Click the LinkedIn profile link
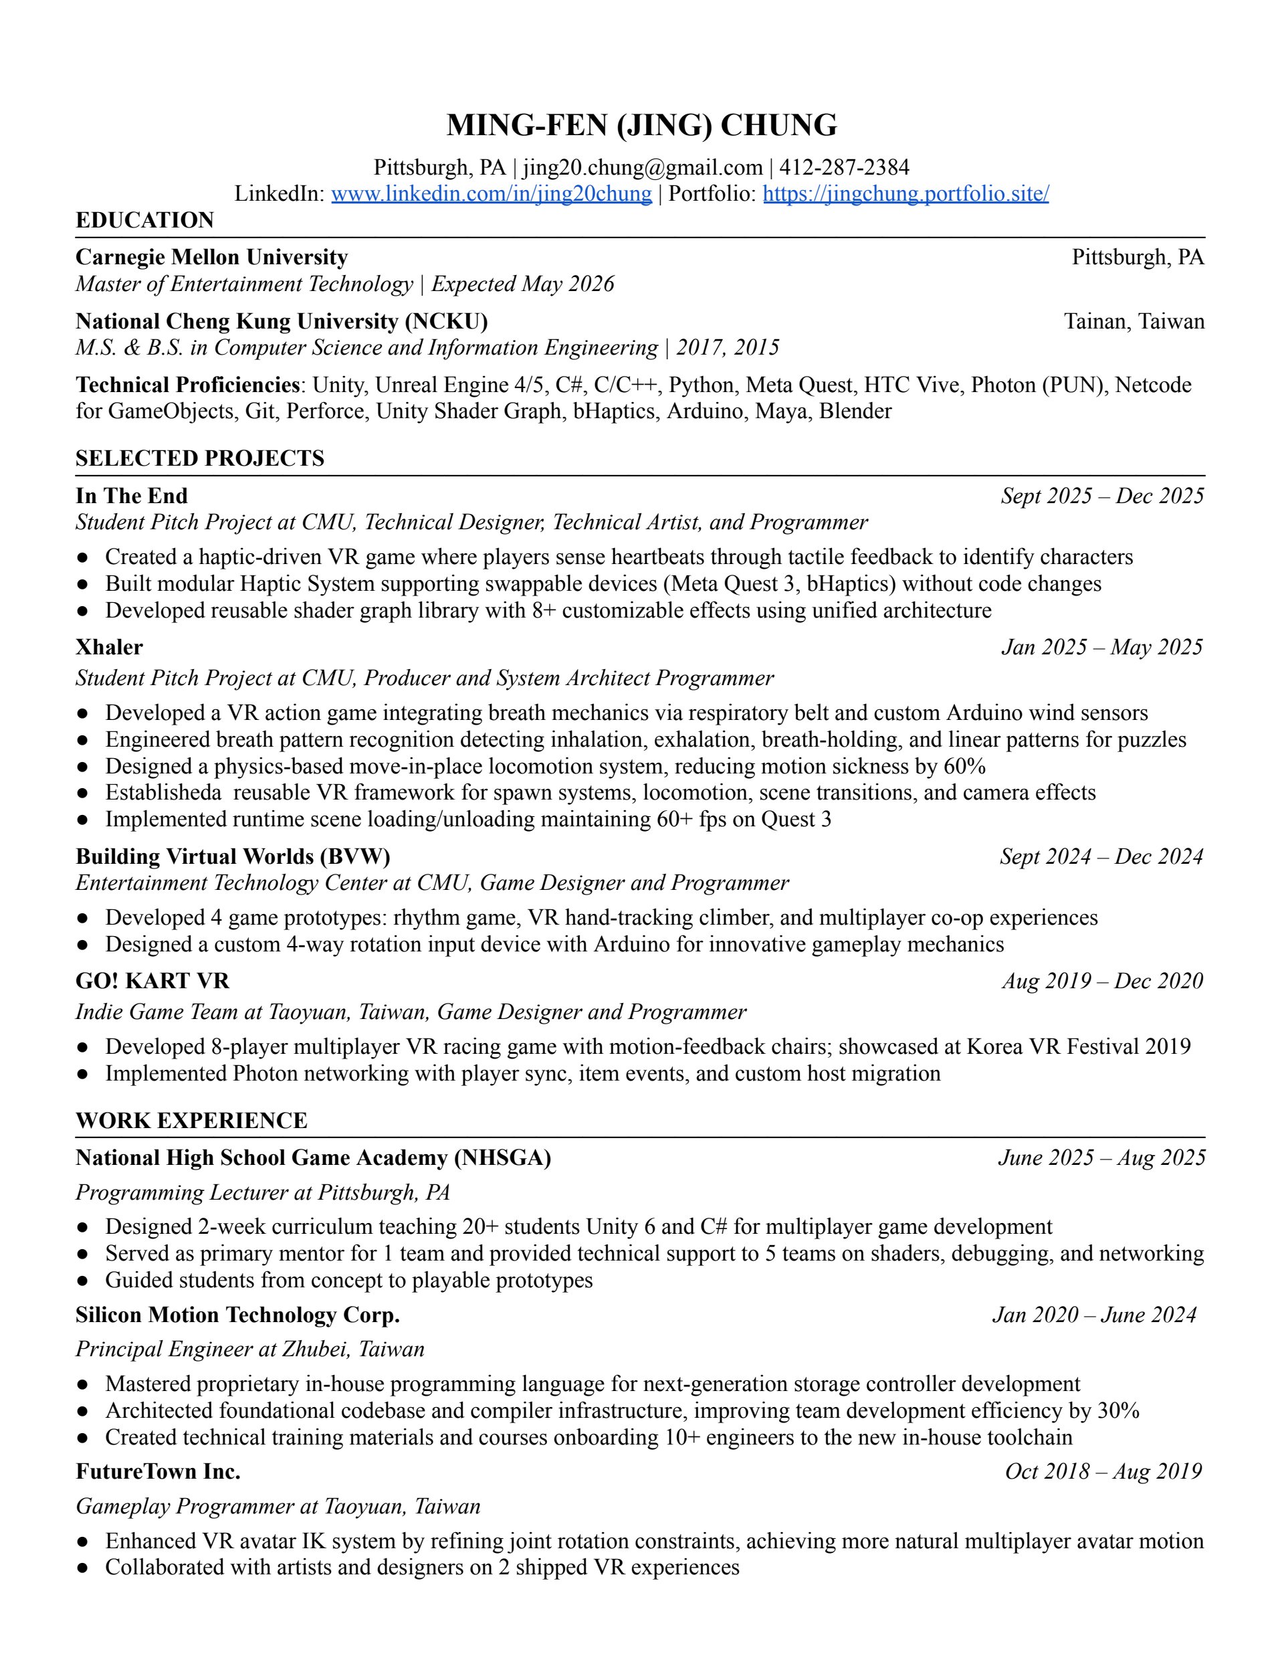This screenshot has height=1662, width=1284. click(x=492, y=193)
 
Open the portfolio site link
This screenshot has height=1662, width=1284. click(x=905, y=193)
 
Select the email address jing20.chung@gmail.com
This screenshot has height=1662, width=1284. click(x=642, y=167)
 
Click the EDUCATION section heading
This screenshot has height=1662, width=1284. click(x=144, y=220)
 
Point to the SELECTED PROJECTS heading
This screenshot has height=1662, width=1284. click(x=199, y=458)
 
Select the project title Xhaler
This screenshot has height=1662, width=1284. click(x=109, y=647)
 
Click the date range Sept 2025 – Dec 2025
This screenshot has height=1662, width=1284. click(x=1102, y=496)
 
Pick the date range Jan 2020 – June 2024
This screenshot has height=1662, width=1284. click(x=1094, y=1314)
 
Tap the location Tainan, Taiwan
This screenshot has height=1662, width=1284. click(x=1134, y=321)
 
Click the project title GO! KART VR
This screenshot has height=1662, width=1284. click(x=152, y=980)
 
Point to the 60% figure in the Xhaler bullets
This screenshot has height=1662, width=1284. click(x=964, y=765)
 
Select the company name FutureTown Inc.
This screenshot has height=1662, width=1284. click(x=157, y=1471)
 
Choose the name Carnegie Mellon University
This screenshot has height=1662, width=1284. click(x=211, y=257)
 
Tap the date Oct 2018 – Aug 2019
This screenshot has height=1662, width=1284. click(x=1103, y=1471)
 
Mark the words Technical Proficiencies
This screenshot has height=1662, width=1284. click(x=187, y=385)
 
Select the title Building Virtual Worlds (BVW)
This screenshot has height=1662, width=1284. click(x=233, y=856)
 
